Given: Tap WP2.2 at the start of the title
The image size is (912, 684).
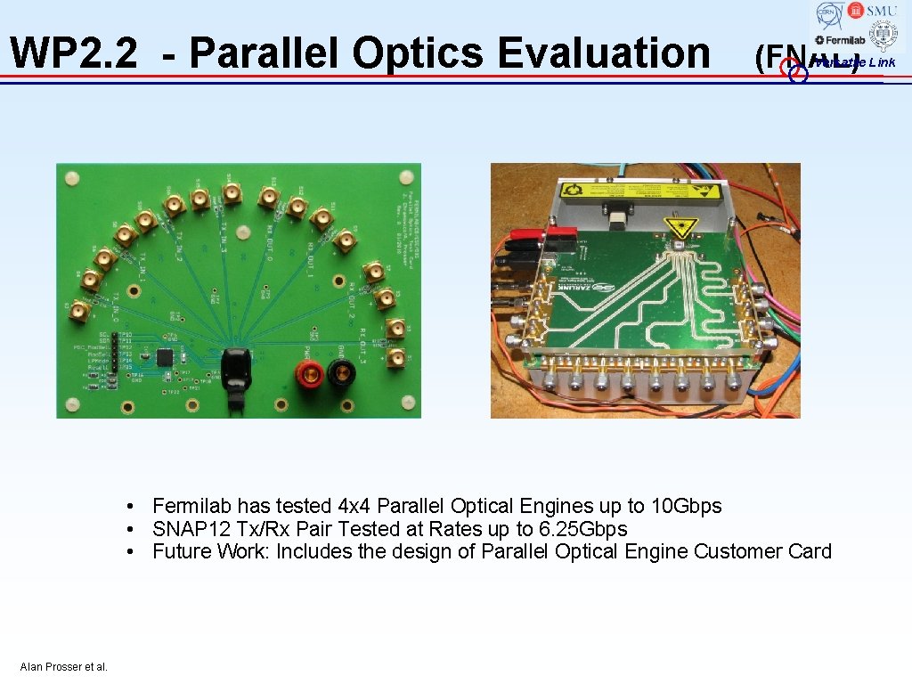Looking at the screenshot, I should [74, 53].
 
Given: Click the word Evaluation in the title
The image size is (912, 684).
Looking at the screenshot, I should [604, 53].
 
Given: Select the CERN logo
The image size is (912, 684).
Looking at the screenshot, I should [830, 15].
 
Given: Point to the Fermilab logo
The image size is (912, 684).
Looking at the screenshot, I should [840, 39].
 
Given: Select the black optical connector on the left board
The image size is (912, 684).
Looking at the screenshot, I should [236, 374].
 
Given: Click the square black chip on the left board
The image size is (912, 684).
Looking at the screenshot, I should [165, 357].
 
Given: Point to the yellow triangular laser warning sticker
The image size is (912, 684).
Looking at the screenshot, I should [679, 226].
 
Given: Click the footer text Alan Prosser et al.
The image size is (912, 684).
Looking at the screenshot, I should [63, 667].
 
